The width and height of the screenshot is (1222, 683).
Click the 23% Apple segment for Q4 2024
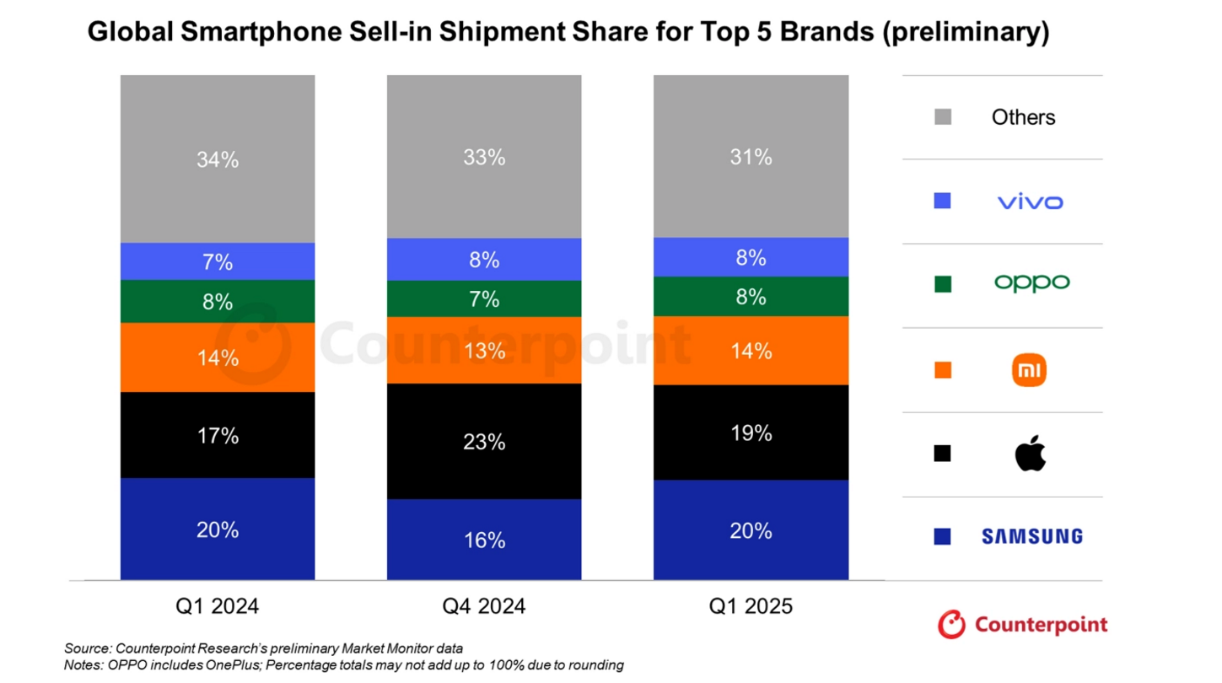coord(484,441)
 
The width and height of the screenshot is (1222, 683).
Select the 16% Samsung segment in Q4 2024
coord(484,540)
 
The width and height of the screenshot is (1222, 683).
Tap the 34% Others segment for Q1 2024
coord(218,159)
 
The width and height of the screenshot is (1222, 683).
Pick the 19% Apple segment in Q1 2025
coord(751,433)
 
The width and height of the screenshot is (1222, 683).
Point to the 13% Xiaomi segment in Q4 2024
coord(484,350)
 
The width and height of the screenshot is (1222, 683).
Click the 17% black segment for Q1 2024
coord(218,435)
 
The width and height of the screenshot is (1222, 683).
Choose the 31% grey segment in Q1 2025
coord(751,157)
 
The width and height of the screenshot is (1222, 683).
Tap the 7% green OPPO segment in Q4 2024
coord(484,298)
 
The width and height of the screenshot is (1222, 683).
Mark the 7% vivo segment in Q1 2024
coord(218,261)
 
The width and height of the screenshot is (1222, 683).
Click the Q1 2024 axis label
coord(218,606)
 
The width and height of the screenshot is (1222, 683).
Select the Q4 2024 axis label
coord(484,606)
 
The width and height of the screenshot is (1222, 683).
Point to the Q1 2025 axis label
coord(751,606)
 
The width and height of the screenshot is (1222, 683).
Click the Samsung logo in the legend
coord(1031,536)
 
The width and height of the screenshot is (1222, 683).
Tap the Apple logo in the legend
coord(1030,454)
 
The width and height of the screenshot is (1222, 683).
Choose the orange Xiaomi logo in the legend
coord(1029,370)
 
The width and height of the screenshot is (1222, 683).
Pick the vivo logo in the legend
coord(1030,202)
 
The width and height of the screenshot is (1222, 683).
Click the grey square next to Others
coord(943,117)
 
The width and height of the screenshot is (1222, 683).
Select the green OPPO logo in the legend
coord(1031,283)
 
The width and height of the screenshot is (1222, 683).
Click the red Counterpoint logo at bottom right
coord(1022,625)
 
